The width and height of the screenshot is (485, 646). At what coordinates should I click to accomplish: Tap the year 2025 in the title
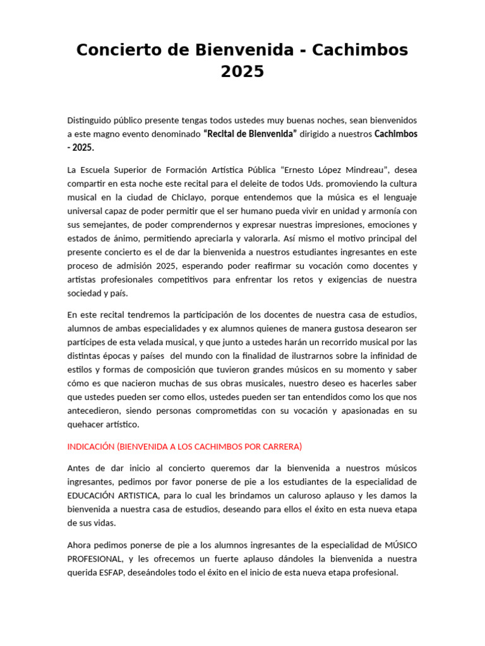click(242, 72)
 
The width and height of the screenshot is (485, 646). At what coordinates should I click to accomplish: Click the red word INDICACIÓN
click(91, 447)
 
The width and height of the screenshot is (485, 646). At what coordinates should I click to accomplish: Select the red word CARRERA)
click(282, 447)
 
